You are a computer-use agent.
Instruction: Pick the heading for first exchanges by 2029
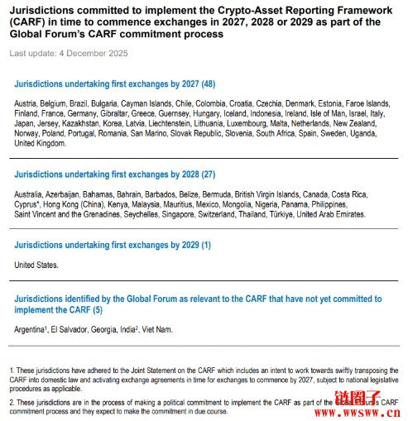pos(113,246)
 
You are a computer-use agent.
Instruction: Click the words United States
pos(36,265)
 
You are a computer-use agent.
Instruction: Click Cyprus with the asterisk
pos(29,203)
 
